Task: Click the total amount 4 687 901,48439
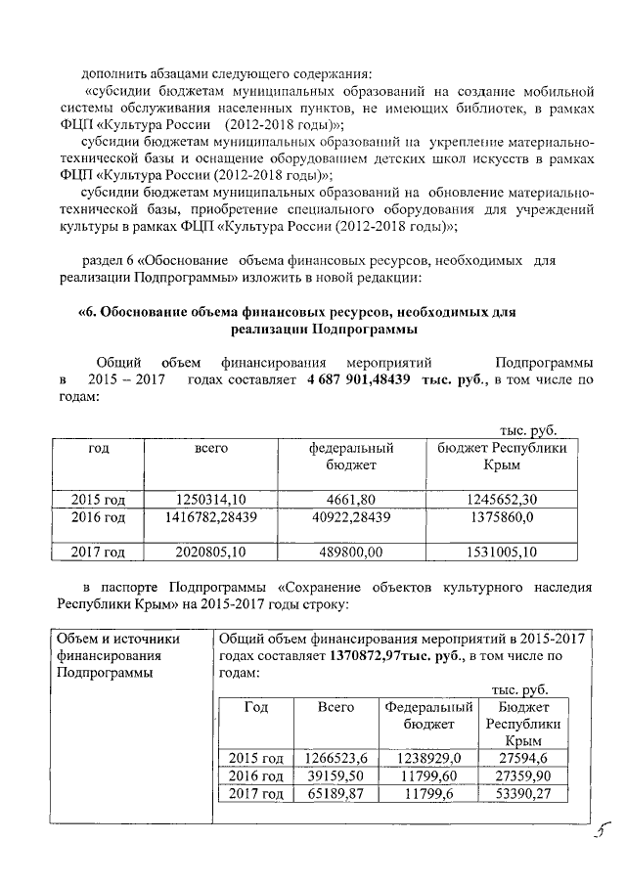point(360,379)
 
